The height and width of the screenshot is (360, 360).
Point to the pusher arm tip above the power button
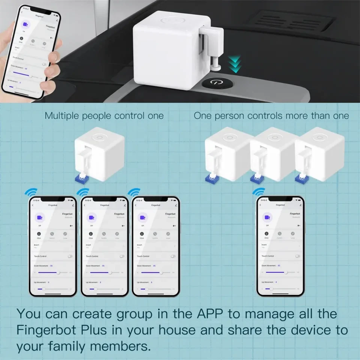point(217,67)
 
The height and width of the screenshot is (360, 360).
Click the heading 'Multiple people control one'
point(104,116)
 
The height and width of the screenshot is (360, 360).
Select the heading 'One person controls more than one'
point(271,116)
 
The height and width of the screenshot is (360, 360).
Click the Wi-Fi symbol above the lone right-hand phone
point(258,192)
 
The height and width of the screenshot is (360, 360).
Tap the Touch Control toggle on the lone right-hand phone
point(297,256)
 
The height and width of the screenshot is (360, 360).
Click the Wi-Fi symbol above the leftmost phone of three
point(31,192)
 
